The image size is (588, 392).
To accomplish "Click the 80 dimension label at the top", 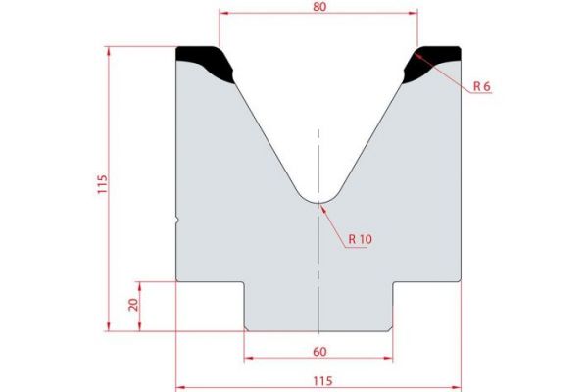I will pyautogui.click(x=318, y=6).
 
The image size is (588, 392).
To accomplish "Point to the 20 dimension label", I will pyautogui.click(x=132, y=306).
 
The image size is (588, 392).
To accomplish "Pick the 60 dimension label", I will pyautogui.click(x=320, y=351).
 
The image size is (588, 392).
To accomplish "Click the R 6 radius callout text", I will pyautogui.click(x=480, y=86).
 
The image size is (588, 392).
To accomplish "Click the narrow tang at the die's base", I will pyautogui.click(x=319, y=309).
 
